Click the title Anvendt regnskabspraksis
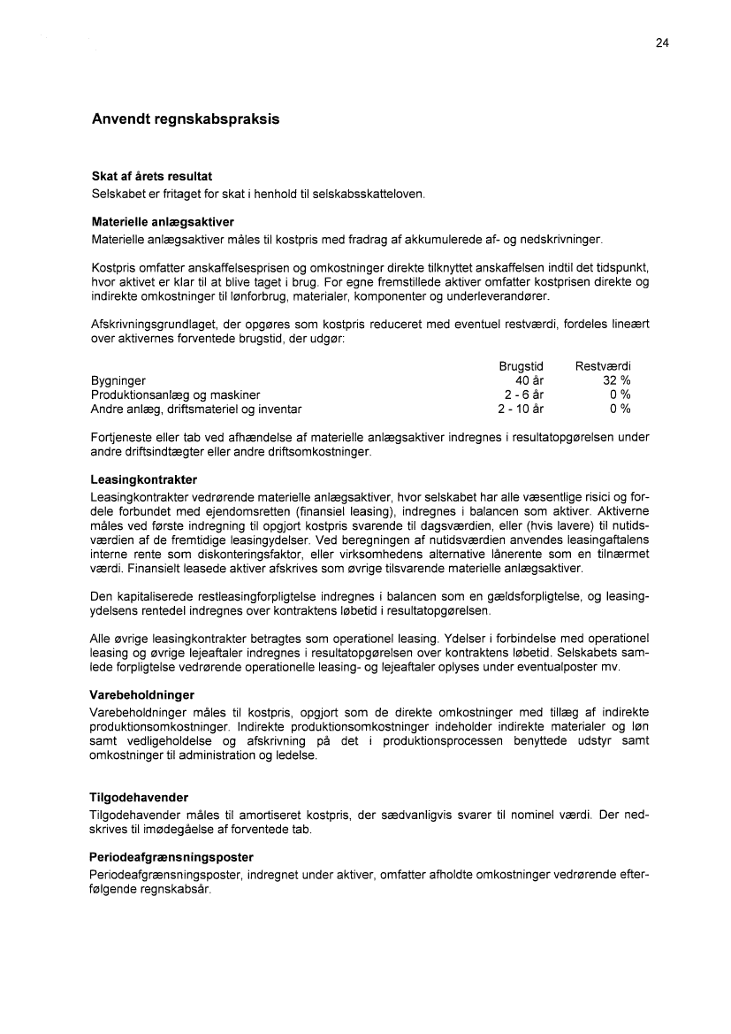tap(186, 119)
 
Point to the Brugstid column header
tap(521, 365)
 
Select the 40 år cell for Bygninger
tap(529, 380)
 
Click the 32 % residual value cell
tap(616, 380)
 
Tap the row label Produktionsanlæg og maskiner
tap(176, 394)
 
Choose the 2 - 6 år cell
tap(523, 394)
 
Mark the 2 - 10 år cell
tap(521, 409)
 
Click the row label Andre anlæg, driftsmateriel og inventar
tap(196, 409)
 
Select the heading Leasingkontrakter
tap(143, 479)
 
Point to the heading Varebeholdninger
tap(142, 694)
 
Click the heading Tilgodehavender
tap(139, 797)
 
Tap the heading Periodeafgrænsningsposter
tap(171, 857)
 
